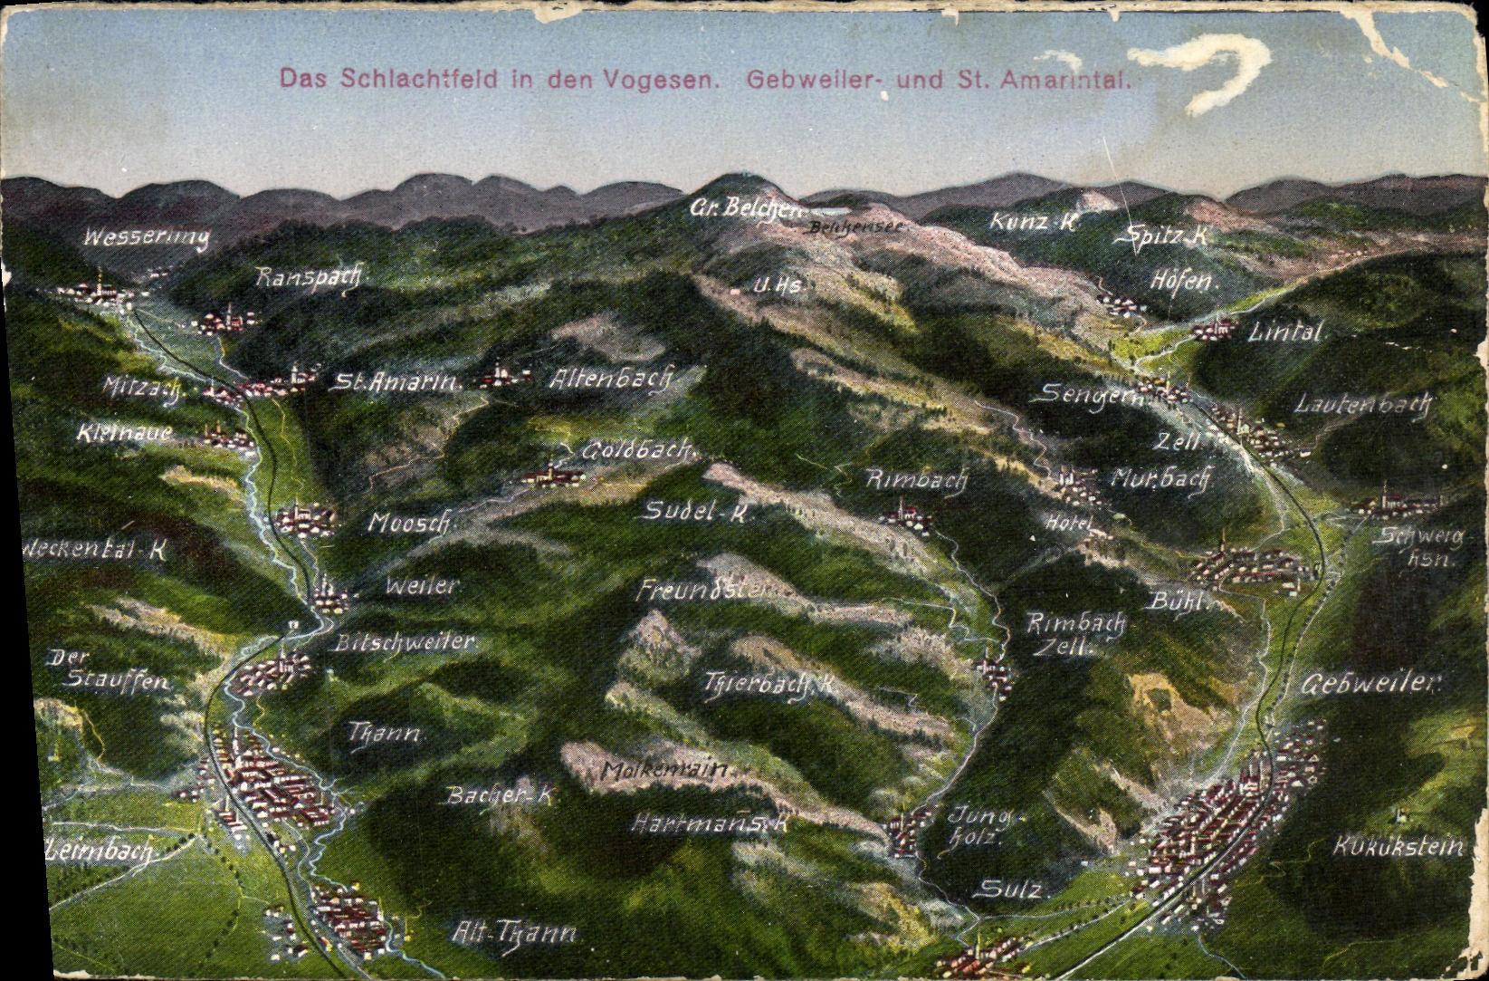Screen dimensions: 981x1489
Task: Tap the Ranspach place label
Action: [x=308, y=277]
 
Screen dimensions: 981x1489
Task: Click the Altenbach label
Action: [x=610, y=378]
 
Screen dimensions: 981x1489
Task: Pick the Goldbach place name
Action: [x=637, y=449]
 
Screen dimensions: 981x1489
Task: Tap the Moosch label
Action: [x=409, y=523]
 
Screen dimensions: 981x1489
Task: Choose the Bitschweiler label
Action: [x=405, y=642]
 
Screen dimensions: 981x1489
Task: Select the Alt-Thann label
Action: [x=513, y=932]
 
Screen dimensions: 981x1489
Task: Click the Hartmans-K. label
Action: [x=711, y=823]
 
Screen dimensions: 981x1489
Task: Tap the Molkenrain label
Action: [x=665, y=772]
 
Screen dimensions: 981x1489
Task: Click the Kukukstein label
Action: [x=1398, y=847]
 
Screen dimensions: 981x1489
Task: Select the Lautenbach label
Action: [x=1361, y=404]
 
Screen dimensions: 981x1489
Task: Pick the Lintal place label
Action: [x=1285, y=332]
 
